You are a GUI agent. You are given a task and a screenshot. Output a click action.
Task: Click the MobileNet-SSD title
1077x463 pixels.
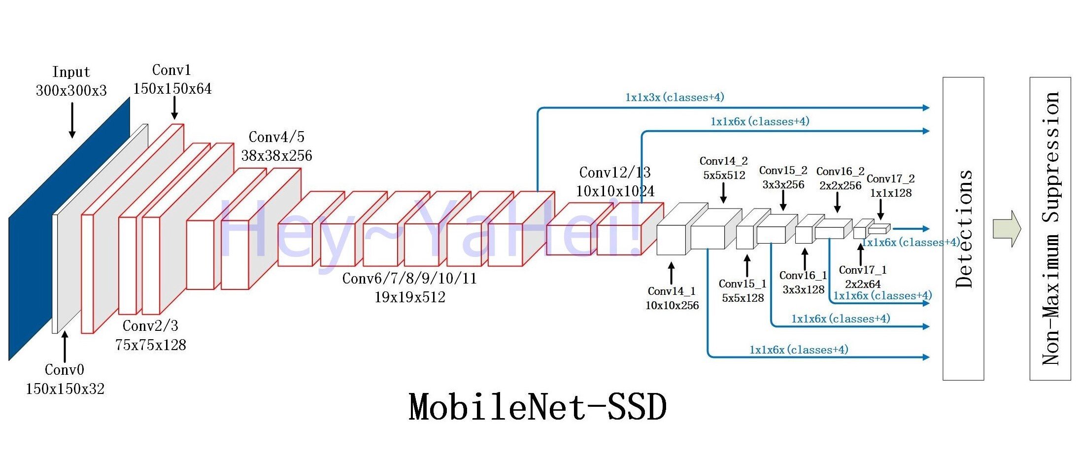click(538, 407)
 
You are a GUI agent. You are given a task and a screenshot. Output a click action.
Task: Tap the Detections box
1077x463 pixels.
click(963, 228)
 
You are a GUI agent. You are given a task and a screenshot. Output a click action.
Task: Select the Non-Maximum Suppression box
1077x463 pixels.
click(1050, 228)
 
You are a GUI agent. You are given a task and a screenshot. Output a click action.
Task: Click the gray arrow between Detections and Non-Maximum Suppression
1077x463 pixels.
click(1007, 229)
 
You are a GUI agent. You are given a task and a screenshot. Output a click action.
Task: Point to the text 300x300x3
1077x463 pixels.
click(71, 91)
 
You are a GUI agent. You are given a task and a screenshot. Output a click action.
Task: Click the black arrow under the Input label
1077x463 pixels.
click(72, 120)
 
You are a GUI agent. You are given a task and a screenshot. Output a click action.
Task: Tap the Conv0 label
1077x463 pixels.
click(65, 370)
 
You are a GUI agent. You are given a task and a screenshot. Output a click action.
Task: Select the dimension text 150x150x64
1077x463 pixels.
click(172, 89)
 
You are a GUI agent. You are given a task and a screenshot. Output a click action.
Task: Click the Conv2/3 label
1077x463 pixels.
click(150, 326)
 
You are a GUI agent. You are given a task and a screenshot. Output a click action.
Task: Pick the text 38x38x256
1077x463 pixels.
click(276, 156)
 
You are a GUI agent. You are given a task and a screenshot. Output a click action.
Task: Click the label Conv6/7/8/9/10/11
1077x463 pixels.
click(409, 279)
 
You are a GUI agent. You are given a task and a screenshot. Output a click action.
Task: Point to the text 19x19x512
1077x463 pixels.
click(410, 297)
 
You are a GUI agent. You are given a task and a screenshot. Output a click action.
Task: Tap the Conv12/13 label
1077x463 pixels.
click(615, 173)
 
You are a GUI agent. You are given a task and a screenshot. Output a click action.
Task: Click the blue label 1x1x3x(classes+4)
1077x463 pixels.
click(674, 97)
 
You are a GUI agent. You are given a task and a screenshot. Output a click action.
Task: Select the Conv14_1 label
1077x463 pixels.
click(672, 291)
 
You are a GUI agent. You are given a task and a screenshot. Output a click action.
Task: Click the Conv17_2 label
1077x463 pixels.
click(891, 178)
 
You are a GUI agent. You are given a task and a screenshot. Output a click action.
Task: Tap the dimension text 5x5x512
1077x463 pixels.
click(724, 175)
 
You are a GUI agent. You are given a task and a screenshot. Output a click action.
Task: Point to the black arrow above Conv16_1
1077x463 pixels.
click(805, 259)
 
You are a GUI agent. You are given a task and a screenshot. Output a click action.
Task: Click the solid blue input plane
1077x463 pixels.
click(69, 229)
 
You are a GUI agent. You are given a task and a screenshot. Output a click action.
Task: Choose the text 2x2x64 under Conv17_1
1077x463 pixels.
click(863, 284)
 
